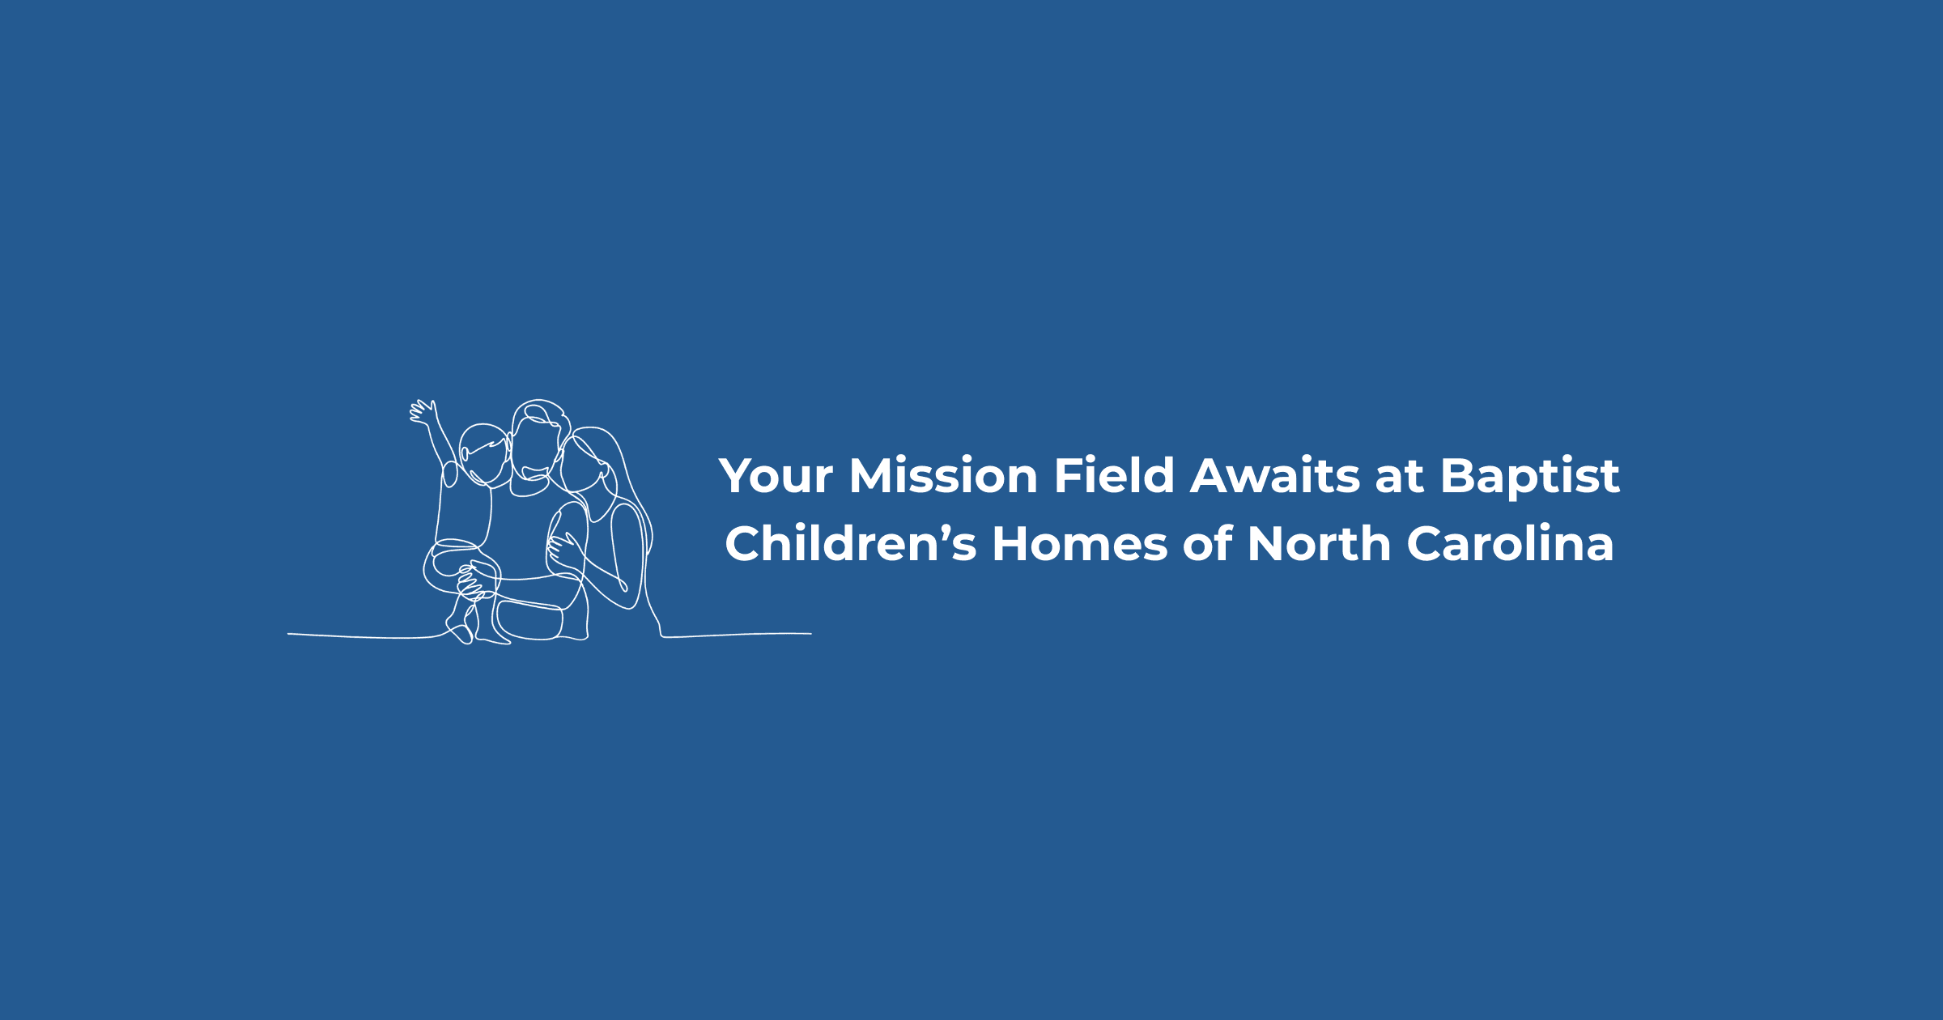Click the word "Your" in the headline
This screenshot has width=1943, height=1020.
click(x=776, y=475)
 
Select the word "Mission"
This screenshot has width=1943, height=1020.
click(x=943, y=475)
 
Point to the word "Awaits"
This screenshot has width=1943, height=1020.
click(x=1275, y=475)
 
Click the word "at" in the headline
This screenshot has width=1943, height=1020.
click(x=1400, y=477)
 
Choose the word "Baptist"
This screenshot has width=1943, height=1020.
click(x=1530, y=476)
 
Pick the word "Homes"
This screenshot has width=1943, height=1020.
click(x=1080, y=543)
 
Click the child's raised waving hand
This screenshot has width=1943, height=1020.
click(x=423, y=412)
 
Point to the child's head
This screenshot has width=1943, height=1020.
click(x=484, y=453)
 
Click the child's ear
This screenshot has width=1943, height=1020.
click(x=465, y=453)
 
